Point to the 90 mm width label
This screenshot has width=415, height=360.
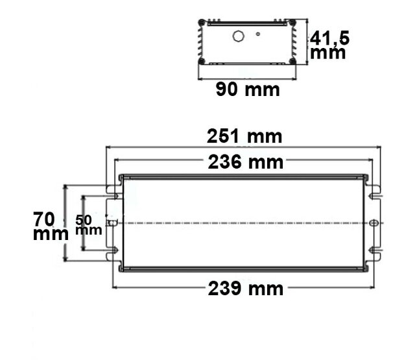pos(248,90)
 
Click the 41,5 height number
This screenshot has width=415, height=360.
pos(329,38)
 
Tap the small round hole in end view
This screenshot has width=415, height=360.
pos(257,33)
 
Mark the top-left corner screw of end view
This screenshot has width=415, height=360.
pos(202,23)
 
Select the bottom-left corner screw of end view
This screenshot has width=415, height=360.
pos(202,61)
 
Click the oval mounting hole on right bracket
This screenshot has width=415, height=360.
pos(373,222)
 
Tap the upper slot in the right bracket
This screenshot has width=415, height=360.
pos(373,193)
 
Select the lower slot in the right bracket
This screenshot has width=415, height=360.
pos(373,252)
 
